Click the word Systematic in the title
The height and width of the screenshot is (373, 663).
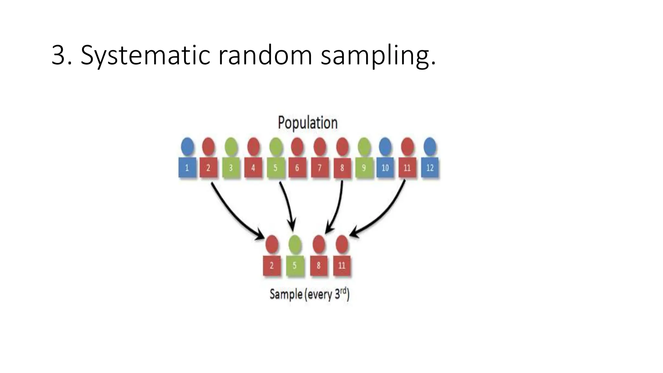(146, 56)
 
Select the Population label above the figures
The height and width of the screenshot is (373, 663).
(308, 123)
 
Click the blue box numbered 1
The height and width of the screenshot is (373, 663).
(187, 168)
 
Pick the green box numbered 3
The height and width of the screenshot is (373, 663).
(231, 168)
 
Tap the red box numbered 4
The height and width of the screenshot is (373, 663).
(253, 168)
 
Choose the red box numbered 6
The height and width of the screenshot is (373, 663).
(297, 168)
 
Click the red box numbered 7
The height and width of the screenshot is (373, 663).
(320, 168)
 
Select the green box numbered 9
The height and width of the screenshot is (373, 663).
(364, 168)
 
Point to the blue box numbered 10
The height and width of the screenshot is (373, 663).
(385, 168)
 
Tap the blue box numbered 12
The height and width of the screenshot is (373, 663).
(430, 168)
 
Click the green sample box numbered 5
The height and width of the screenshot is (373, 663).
(295, 266)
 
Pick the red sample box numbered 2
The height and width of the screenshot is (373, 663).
(272, 266)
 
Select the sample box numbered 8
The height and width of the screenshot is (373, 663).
(319, 266)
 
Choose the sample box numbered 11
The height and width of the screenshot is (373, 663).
(342, 266)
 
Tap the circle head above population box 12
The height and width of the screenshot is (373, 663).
(430, 146)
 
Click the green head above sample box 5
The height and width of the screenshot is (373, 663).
(295, 244)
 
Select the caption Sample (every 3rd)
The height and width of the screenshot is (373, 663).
(309, 294)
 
